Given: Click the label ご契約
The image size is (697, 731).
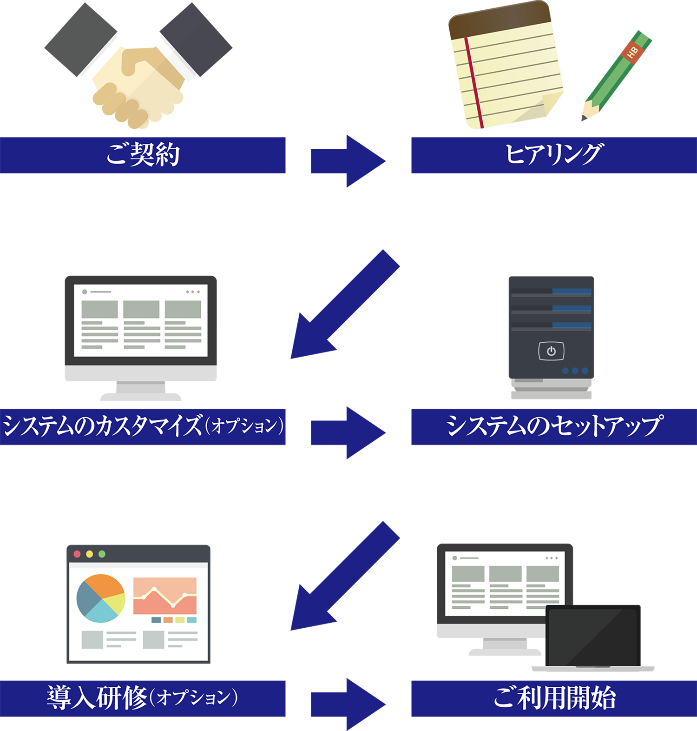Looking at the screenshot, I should (x=143, y=154).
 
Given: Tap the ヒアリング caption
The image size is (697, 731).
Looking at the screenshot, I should (x=554, y=153).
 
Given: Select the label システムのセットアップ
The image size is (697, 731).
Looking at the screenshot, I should (x=554, y=425).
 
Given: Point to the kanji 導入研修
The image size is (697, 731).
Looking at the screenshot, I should (x=97, y=697).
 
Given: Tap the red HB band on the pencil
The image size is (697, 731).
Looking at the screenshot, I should (x=632, y=53).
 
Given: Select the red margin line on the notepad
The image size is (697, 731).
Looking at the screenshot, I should (x=474, y=84).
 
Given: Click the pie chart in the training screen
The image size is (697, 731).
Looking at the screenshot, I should (x=101, y=598).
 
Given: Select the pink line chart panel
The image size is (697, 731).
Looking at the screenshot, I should (x=165, y=596).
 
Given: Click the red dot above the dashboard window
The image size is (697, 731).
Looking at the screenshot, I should (x=77, y=554).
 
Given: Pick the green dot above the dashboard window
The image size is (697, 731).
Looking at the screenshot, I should (x=102, y=554).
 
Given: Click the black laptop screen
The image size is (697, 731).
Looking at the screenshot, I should (x=592, y=637).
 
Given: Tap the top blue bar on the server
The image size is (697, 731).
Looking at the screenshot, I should (x=572, y=292).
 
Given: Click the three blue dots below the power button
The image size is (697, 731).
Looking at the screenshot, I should (x=575, y=371).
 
